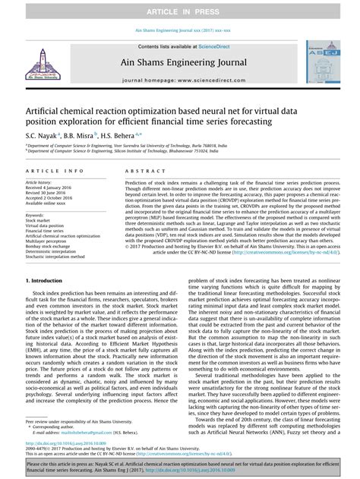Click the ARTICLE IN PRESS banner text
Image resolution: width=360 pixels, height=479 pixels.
(180, 11)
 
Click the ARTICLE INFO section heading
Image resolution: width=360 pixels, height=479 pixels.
(55, 172)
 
